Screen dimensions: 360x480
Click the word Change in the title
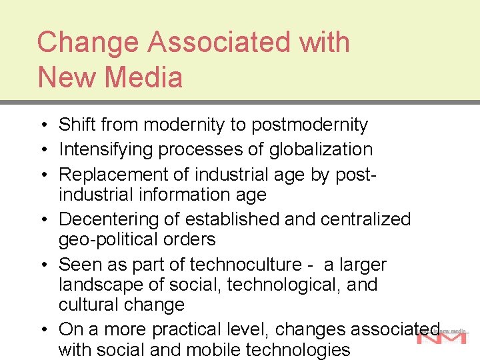pos(89,43)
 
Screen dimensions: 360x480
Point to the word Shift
pos(77,125)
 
